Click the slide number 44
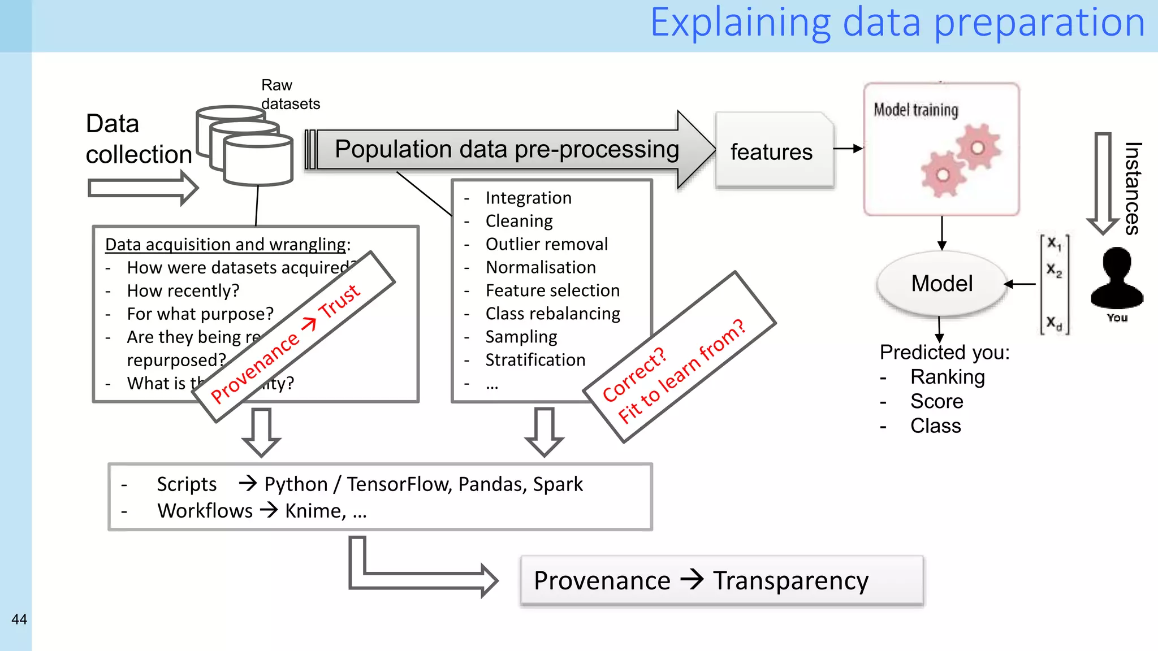pyautogui.click(x=19, y=619)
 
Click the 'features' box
pyautogui.click(x=772, y=151)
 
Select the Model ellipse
pyautogui.click(x=941, y=283)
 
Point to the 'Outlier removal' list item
pyautogui.click(x=546, y=244)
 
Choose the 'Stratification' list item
pyautogui.click(x=535, y=360)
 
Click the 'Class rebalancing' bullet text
pyautogui.click(x=552, y=314)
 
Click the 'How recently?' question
pyautogui.click(x=183, y=290)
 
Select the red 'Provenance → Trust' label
pyautogui.click(x=286, y=345)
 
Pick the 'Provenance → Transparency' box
pyautogui.click(x=721, y=580)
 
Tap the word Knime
pyautogui.click(x=314, y=511)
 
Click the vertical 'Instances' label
pyautogui.click(x=1132, y=188)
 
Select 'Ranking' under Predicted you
pyautogui.click(x=947, y=377)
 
